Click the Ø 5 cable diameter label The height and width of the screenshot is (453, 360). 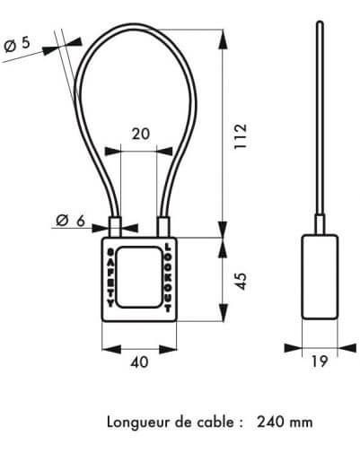click(17, 44)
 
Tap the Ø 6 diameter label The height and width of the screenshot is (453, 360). click(70, 222)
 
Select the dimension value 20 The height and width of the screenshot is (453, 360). click(141, 134)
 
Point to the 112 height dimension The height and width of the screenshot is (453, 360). click(241, 136)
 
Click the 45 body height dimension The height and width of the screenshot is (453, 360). click(241, 281)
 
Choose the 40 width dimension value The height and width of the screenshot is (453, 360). click(139, 362)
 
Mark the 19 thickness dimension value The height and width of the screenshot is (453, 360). click(320, 362)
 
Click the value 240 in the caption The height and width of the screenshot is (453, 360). click(271, 423)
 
